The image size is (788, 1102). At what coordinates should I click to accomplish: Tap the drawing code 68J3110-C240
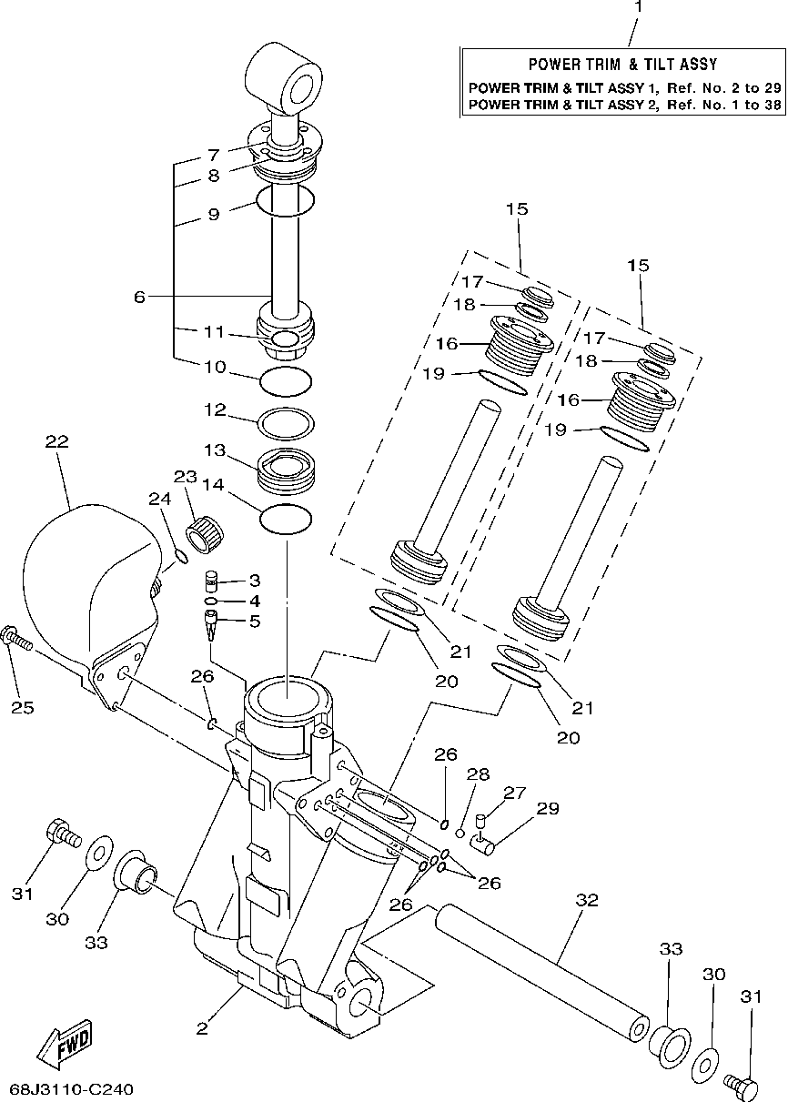click(72, 1089)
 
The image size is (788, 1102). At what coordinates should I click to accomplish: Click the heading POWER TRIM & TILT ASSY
click(623, 65)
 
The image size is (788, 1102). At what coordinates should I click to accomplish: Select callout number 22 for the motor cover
click(56, 441)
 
